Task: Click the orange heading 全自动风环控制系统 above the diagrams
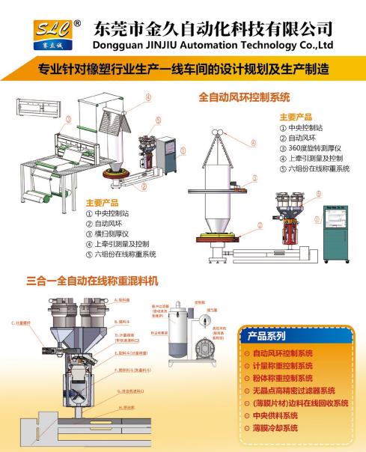pyautogui.click(x=243, y=97)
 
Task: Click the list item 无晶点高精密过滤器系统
pyautogui.click(x=293, y=391)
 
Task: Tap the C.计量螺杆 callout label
pyautogui.click(x=25, y=323)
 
